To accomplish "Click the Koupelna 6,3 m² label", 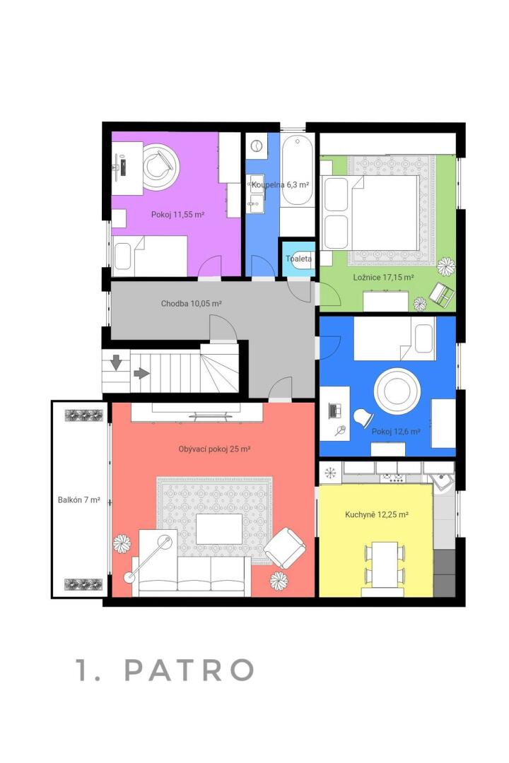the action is pos(280,185).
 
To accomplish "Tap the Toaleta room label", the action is pos(298,259).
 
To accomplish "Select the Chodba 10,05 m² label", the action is pos(192,304).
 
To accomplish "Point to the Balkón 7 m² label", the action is pos(79,499).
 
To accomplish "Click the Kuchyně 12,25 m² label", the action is pos(377,514).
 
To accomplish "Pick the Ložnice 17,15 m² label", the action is pos(383,278).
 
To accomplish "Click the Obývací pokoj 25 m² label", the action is pos(214,449).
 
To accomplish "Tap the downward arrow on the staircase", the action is pos(117,362).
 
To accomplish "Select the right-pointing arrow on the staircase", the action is pos(141,373).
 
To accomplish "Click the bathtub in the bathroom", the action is pos(297,170).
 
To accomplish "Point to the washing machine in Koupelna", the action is pos(257,146).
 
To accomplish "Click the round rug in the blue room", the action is pos(397,391).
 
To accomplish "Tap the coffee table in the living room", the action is pos(219,529).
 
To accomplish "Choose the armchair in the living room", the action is pos(286,548).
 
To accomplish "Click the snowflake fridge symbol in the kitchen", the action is pos(331,472).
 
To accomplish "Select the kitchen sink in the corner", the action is pos(443,482).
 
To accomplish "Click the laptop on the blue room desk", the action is pos(335,410).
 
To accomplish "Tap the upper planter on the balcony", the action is pos(84,415).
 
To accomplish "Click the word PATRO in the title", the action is pos(189,670).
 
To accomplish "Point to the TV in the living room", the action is pos(212,416).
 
